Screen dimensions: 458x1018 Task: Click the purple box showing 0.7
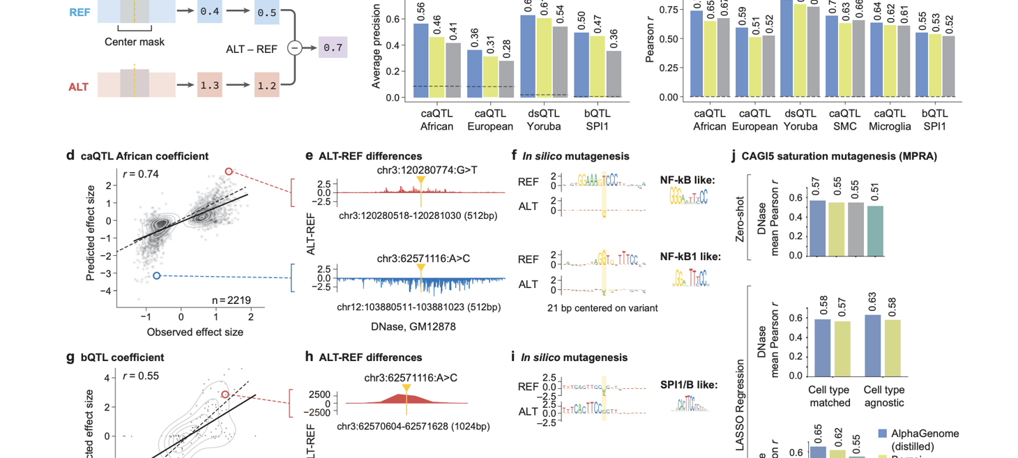click(x=333, y=48)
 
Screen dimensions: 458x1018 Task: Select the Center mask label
click(x=135, y=42)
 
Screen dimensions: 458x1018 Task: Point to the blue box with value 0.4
click(x=209, y=12)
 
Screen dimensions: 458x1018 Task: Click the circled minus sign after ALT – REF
click(x=294, y=48)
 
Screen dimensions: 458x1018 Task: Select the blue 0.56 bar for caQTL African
click(x=420, y=60)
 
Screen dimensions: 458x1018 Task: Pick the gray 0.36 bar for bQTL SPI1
click(x=614, y=73)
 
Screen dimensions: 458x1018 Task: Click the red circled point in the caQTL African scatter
click(x=228, y=171)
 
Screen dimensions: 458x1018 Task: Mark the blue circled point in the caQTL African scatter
click(x=157, y=276)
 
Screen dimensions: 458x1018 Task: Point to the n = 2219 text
click(x=231, y=300)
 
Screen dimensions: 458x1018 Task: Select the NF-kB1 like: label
click(x=690, y=257)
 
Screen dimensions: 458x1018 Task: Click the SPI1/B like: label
click(x=689, y=384)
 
